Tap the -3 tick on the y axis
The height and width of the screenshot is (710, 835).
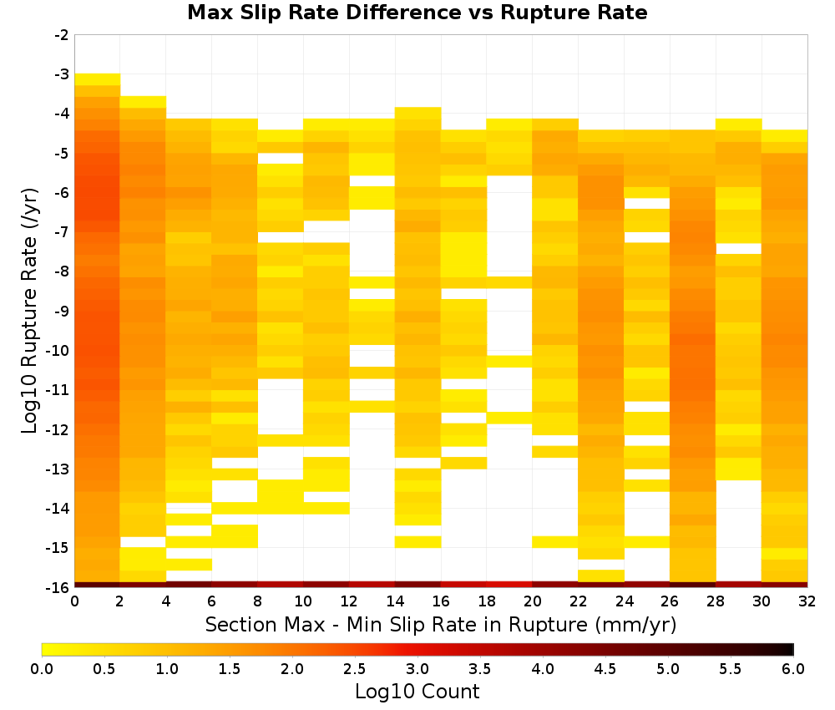[62, 74]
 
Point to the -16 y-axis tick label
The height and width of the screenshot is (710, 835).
[58, 587]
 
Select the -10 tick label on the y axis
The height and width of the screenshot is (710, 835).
[58, 351]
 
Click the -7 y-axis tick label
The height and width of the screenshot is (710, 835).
[62, 232]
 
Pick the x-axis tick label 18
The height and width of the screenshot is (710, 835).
[487, 601]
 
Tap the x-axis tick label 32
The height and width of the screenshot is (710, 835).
[807, 601]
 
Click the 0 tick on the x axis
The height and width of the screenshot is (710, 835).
[74, 601]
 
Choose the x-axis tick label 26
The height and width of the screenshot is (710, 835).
[670, 601]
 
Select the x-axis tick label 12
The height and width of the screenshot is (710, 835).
[349, 601]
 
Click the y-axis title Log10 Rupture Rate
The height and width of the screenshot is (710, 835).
[30, 311]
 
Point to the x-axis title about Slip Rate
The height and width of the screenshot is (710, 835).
[441, 624]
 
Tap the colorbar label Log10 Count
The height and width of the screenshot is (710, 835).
[417, 692]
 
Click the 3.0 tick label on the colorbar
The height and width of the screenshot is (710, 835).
[417, 669]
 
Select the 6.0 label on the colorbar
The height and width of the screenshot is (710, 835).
[793, 669]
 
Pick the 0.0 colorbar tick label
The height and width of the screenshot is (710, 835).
[42, 669]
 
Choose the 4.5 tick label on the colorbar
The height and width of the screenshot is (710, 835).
[605, 669]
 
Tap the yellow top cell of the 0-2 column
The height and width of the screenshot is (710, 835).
[98, 79]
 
